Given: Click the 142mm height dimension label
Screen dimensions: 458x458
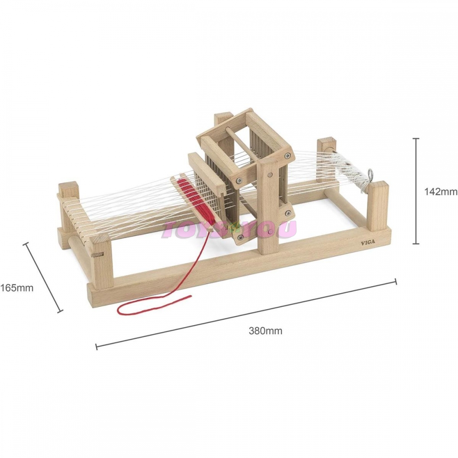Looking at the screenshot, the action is (x=441, y=191).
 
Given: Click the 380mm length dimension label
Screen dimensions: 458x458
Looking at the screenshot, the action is (x=266, y=331).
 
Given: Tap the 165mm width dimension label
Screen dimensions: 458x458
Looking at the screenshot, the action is (x=16, y=288).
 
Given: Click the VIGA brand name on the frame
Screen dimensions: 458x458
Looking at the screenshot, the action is (x=368, y=242).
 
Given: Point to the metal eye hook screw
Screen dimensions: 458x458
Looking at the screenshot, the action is (x=371, y=173).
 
